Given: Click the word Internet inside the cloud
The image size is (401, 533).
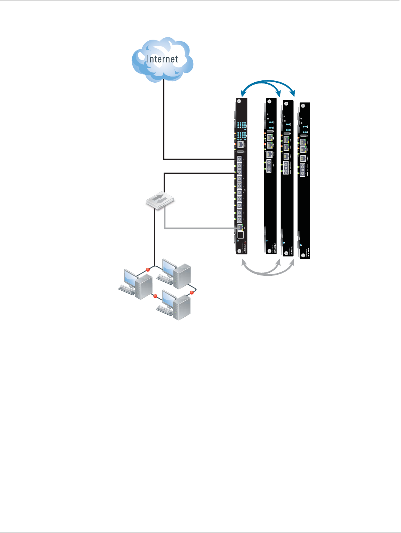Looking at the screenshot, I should click(162, 59).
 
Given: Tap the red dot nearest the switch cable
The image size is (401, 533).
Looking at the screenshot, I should click(148, 270).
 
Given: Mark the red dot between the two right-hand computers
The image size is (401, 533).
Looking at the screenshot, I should click(191, 293).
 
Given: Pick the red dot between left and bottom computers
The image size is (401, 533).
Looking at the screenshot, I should click(155, 296).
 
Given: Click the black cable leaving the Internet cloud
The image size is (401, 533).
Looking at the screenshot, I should click(164, 114).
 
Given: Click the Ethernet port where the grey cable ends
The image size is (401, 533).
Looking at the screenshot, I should click(240, 227).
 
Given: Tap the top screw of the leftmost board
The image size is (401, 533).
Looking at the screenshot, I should click(239, 102).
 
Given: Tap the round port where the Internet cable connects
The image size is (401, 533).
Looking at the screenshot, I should click(240, 159).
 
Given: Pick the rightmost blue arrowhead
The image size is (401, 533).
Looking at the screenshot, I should click(294, 94).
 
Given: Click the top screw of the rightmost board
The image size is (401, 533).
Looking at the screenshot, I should click(303, 106).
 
